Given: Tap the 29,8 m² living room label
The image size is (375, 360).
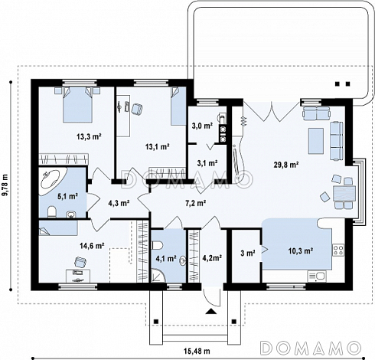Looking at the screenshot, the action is click(286, 165).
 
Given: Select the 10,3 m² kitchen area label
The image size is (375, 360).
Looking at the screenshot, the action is click(301, 251).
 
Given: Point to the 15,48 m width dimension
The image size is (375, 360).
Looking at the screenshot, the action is click(197, 352).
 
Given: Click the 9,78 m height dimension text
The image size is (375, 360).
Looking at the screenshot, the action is click(5, 185).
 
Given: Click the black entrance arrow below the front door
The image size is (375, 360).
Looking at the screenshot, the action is click(211, 311).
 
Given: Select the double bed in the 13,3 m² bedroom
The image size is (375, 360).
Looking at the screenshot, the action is click(77, 104).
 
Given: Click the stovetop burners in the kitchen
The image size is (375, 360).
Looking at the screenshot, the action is click(338, 250).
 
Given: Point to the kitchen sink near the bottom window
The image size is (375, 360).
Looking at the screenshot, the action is click(317, 277).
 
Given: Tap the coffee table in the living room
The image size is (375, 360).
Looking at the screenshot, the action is click(316, 141).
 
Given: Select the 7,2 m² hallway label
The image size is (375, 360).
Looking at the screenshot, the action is click(195, 203).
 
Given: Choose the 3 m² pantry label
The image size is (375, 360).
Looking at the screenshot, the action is click(248, 254).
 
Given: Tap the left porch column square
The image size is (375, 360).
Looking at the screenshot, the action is click(156, 322).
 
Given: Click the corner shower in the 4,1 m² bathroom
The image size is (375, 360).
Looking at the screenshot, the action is click(158, 276).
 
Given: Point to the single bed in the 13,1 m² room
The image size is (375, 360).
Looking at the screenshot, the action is click(178, 106).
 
